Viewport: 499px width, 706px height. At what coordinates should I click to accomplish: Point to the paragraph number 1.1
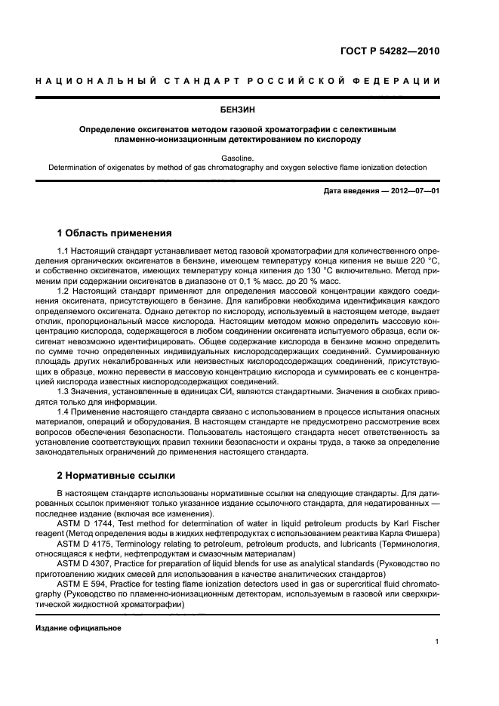(x=64, y=250)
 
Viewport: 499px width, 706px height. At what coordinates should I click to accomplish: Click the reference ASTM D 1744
(x=85, y=524)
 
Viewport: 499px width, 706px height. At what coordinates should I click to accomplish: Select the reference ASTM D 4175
(x=85, y=544)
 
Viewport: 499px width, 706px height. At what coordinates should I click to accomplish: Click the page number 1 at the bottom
(x=437, y=642)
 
